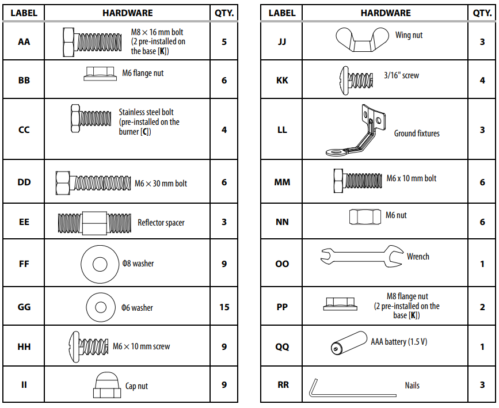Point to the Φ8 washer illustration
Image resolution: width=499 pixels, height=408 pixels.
coord(100,264)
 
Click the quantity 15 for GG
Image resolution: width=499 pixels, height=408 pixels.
coord(224,307)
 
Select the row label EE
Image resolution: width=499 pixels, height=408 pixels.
coord(24,222)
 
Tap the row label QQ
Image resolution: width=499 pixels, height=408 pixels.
coord(282,347)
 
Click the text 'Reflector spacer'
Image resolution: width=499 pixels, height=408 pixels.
coord(161,223)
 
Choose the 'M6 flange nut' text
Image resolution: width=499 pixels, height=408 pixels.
coord(143,74)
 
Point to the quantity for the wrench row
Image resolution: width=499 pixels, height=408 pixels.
coord(482,264)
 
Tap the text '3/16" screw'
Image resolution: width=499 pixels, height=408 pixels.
coord(401,75)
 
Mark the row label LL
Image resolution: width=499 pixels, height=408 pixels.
coord(282,130)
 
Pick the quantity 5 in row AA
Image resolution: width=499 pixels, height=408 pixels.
coord(224,42)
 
